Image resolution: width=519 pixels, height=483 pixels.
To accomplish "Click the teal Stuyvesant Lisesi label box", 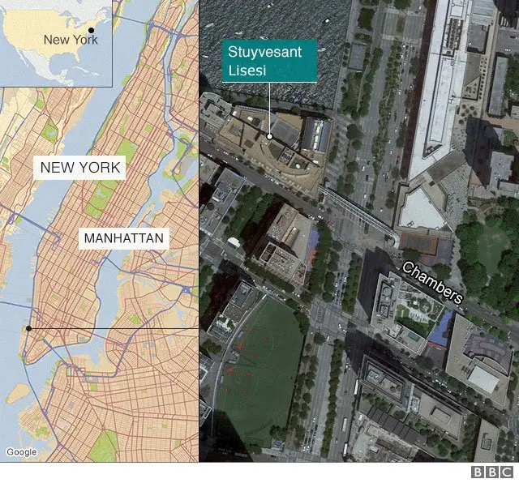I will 269,61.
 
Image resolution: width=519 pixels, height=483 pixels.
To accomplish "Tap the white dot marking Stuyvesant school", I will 269,136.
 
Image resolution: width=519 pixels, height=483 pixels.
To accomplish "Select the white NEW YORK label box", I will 79,169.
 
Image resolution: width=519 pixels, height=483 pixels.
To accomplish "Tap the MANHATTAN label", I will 124,238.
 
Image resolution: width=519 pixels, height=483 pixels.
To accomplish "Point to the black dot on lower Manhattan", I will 28,328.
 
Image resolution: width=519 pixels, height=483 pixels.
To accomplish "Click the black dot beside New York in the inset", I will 91,30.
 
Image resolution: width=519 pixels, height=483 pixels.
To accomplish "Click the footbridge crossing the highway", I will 357,212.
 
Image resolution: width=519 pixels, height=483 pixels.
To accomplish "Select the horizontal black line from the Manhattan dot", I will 114,328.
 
